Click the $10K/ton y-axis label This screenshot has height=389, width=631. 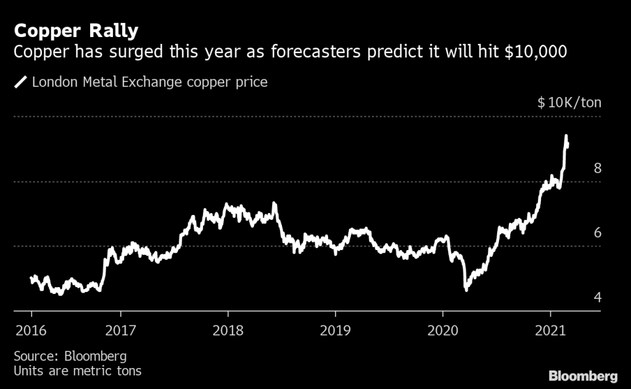pos(569,102)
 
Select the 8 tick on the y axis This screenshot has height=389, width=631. pos(597,168)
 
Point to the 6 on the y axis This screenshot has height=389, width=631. pos(597,233)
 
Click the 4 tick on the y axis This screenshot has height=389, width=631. pos(597,298)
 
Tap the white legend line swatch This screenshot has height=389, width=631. pos(21,82)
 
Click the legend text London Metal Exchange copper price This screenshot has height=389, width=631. pos(149,82)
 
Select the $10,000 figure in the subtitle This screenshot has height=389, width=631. pos(535,52)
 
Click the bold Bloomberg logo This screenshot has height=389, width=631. pos(584,375)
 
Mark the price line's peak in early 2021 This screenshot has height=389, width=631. pos(566,136)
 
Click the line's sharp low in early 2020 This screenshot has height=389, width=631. pos(466,288)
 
